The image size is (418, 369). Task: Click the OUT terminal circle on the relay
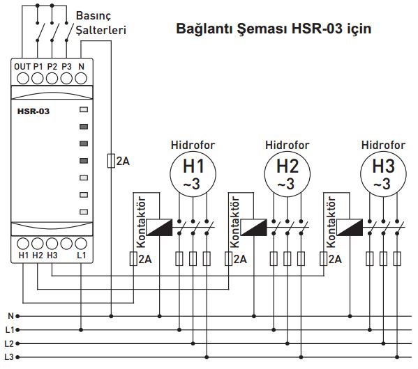pos(23,79)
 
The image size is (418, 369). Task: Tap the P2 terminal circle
pos(52,79)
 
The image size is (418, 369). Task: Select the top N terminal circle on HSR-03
pos(81,79)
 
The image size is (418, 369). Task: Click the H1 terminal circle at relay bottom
pos(23,244)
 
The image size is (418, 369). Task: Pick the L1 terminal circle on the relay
pos(81,244)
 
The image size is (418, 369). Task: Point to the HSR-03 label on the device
pos(33,111)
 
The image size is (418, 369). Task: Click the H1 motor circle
pos(193,174)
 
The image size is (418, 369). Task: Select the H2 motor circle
pos(288,174)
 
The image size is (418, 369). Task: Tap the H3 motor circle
pos(383,174)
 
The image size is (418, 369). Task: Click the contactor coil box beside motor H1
pos(159,227)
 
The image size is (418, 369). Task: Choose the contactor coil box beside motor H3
pos(350,227)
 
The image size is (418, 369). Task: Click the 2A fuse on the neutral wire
pos(111,161)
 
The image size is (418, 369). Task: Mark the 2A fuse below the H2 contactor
pos(228,258)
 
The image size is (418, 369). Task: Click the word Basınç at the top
pos(93,16)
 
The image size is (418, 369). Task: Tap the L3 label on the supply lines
pos(9,357)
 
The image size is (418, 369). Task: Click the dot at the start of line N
pos(17,316)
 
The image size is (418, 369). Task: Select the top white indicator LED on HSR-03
pos(84,109)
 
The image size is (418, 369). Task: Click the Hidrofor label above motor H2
pos(287,146)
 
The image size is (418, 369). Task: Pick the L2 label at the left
pos(9,343)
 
